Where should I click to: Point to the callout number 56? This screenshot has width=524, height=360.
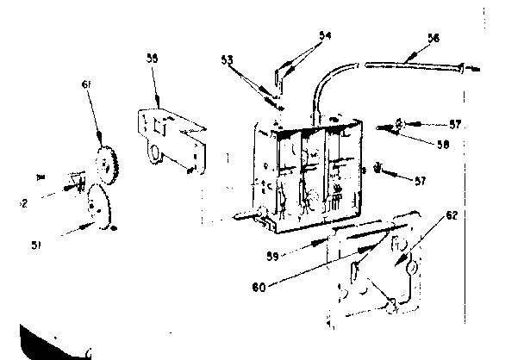click(433, 37)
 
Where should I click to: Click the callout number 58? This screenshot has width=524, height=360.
click(442, 146)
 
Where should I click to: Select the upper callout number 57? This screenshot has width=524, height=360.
click(456, 125)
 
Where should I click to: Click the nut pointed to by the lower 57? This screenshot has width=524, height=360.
click(379, 165)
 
